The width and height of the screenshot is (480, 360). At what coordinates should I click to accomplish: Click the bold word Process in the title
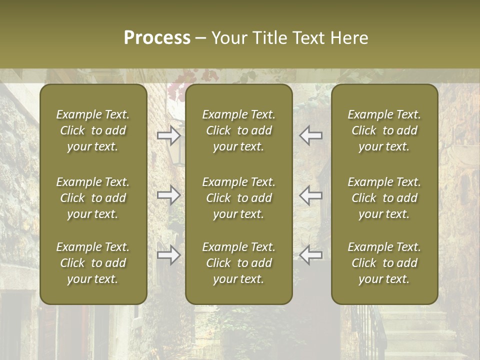(x=157, y=38)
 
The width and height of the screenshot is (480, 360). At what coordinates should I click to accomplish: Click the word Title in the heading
(x=268, y=38)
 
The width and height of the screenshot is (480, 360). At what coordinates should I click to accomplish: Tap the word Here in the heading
(x=348, y=38)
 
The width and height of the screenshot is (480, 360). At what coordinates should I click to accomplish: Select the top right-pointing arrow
(x=169, y=135)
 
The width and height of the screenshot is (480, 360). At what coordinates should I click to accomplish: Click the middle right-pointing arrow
(x=169, y=194)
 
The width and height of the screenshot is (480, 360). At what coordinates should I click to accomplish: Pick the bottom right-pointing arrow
(x=169, y=255)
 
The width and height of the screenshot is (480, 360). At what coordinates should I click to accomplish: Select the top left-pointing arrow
(x=310, y=135)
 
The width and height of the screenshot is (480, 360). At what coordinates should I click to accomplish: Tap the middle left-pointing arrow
(x=310, y=194)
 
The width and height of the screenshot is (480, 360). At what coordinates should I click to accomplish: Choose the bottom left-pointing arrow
(x=310, y=255)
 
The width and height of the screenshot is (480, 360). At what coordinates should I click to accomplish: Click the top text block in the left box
(x=93, y=130)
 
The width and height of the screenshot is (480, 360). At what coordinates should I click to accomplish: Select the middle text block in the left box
(x=93, y=198)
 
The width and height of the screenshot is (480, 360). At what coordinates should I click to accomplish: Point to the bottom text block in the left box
(x=93, y=263)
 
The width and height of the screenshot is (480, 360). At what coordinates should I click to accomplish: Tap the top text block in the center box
(x=238, y=130)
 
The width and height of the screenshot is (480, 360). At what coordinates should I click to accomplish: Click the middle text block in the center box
(x=238, y=198)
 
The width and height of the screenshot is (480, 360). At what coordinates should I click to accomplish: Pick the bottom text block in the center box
(x=238, y=263)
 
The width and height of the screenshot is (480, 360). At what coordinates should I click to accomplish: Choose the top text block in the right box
(x=384, y=130)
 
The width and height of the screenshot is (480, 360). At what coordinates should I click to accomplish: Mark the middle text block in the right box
(x=384, y=198)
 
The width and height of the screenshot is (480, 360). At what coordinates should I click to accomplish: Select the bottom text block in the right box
(x=384, y=263)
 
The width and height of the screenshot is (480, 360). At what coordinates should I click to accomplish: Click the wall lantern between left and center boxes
(x=176, y=153)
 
